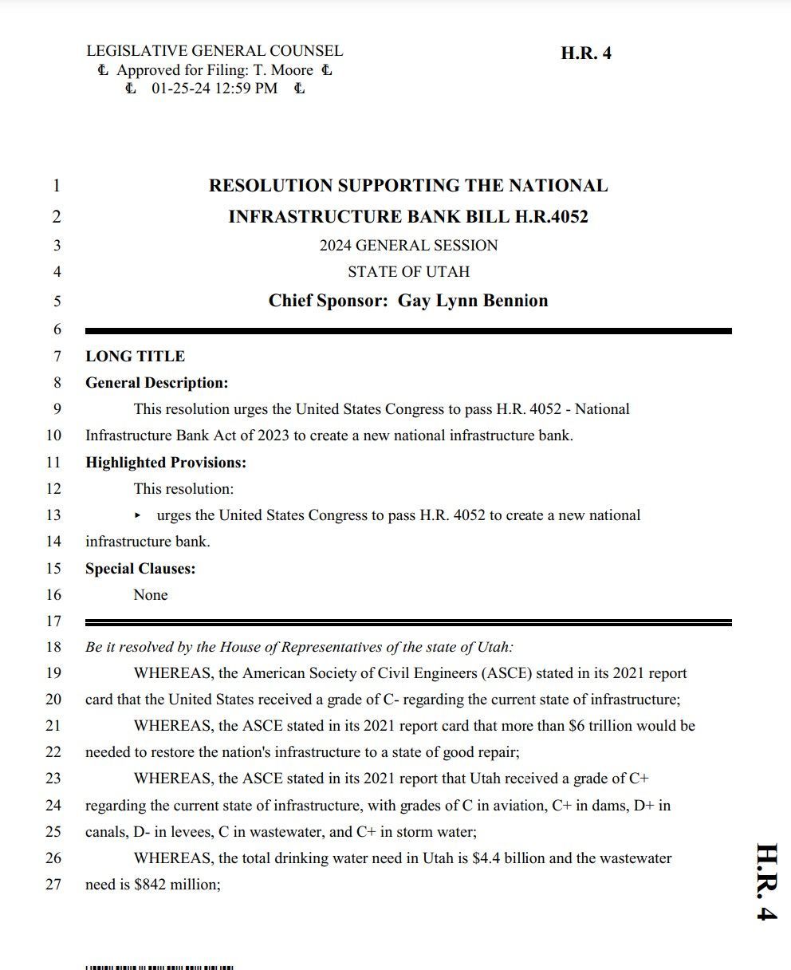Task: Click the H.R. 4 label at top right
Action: tap(586, 53)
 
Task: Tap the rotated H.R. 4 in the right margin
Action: tap(765, 881)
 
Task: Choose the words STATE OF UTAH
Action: tap(408, 272)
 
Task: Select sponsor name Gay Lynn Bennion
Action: tap(473, 301)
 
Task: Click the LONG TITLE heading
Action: tap(135, 357)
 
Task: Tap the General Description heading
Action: tap(156, 383)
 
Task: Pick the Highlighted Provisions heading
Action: tap(166, 463)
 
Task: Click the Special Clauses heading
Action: tap(140, 569)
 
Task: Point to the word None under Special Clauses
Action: tap(151, 595)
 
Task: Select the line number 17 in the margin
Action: tap(53, 621)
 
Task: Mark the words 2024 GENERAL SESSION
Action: tap(408, 246)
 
